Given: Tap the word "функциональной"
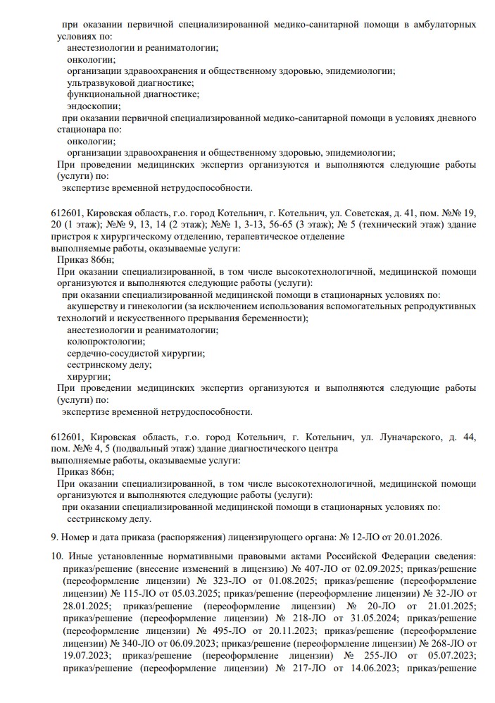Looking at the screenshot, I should pyautogui.click(x=101, y=94).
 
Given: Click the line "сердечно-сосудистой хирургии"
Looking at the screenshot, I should pyautogui.click(x=136, y=353).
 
